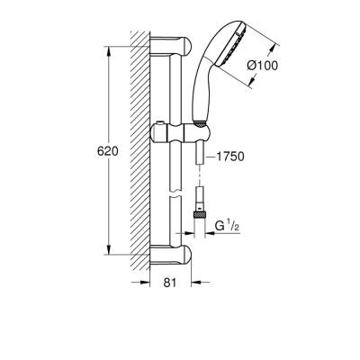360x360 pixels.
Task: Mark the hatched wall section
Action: pyautogui.click(x=140, y=153)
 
